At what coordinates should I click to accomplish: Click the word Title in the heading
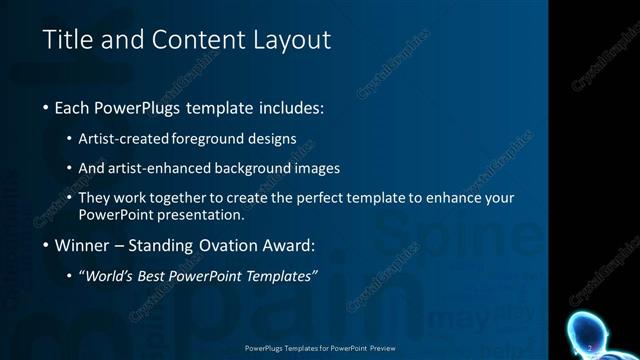pos(67,40)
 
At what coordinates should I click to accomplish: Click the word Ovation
pos(226,245)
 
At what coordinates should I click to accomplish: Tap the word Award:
pos(289,245)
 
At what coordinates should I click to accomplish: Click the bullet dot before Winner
pos(46,245)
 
